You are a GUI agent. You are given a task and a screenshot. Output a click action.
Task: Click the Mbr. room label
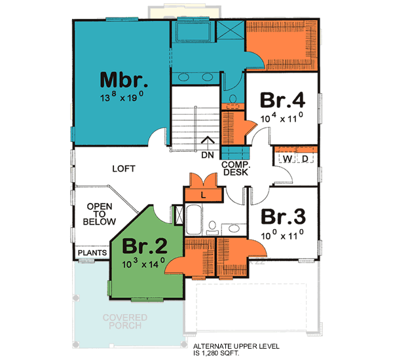[x=124, y=81]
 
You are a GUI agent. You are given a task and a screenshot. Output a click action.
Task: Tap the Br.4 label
[x=282, y=100]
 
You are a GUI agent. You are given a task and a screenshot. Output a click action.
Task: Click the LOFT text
[x=123, y=169]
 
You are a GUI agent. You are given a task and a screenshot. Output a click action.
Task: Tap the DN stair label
[x=208, y=155]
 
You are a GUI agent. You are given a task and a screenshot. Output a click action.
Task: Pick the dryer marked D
[x=305, y=158]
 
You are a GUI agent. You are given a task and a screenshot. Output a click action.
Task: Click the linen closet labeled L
[x=204, y=195]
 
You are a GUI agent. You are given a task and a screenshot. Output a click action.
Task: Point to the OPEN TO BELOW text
[x=100, y=214]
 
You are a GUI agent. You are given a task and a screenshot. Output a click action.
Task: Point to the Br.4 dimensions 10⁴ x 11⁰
[x=282, y=118]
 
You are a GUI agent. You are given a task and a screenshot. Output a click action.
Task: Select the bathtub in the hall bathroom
[x=195, y=221]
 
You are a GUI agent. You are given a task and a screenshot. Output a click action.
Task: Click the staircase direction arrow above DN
[x=208, y=139]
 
